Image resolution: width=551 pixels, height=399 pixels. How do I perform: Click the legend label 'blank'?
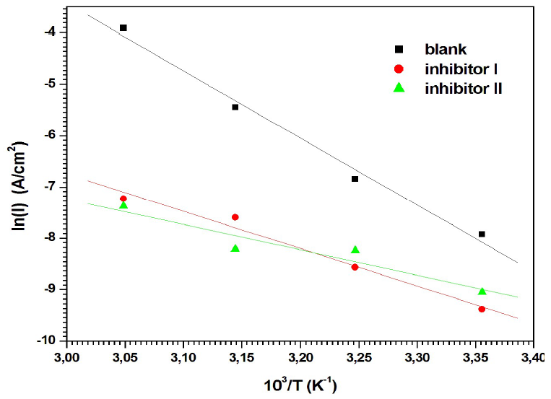click(x=446, y=50)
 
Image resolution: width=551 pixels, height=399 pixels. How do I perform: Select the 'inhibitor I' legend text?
click(x=461, y=70)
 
